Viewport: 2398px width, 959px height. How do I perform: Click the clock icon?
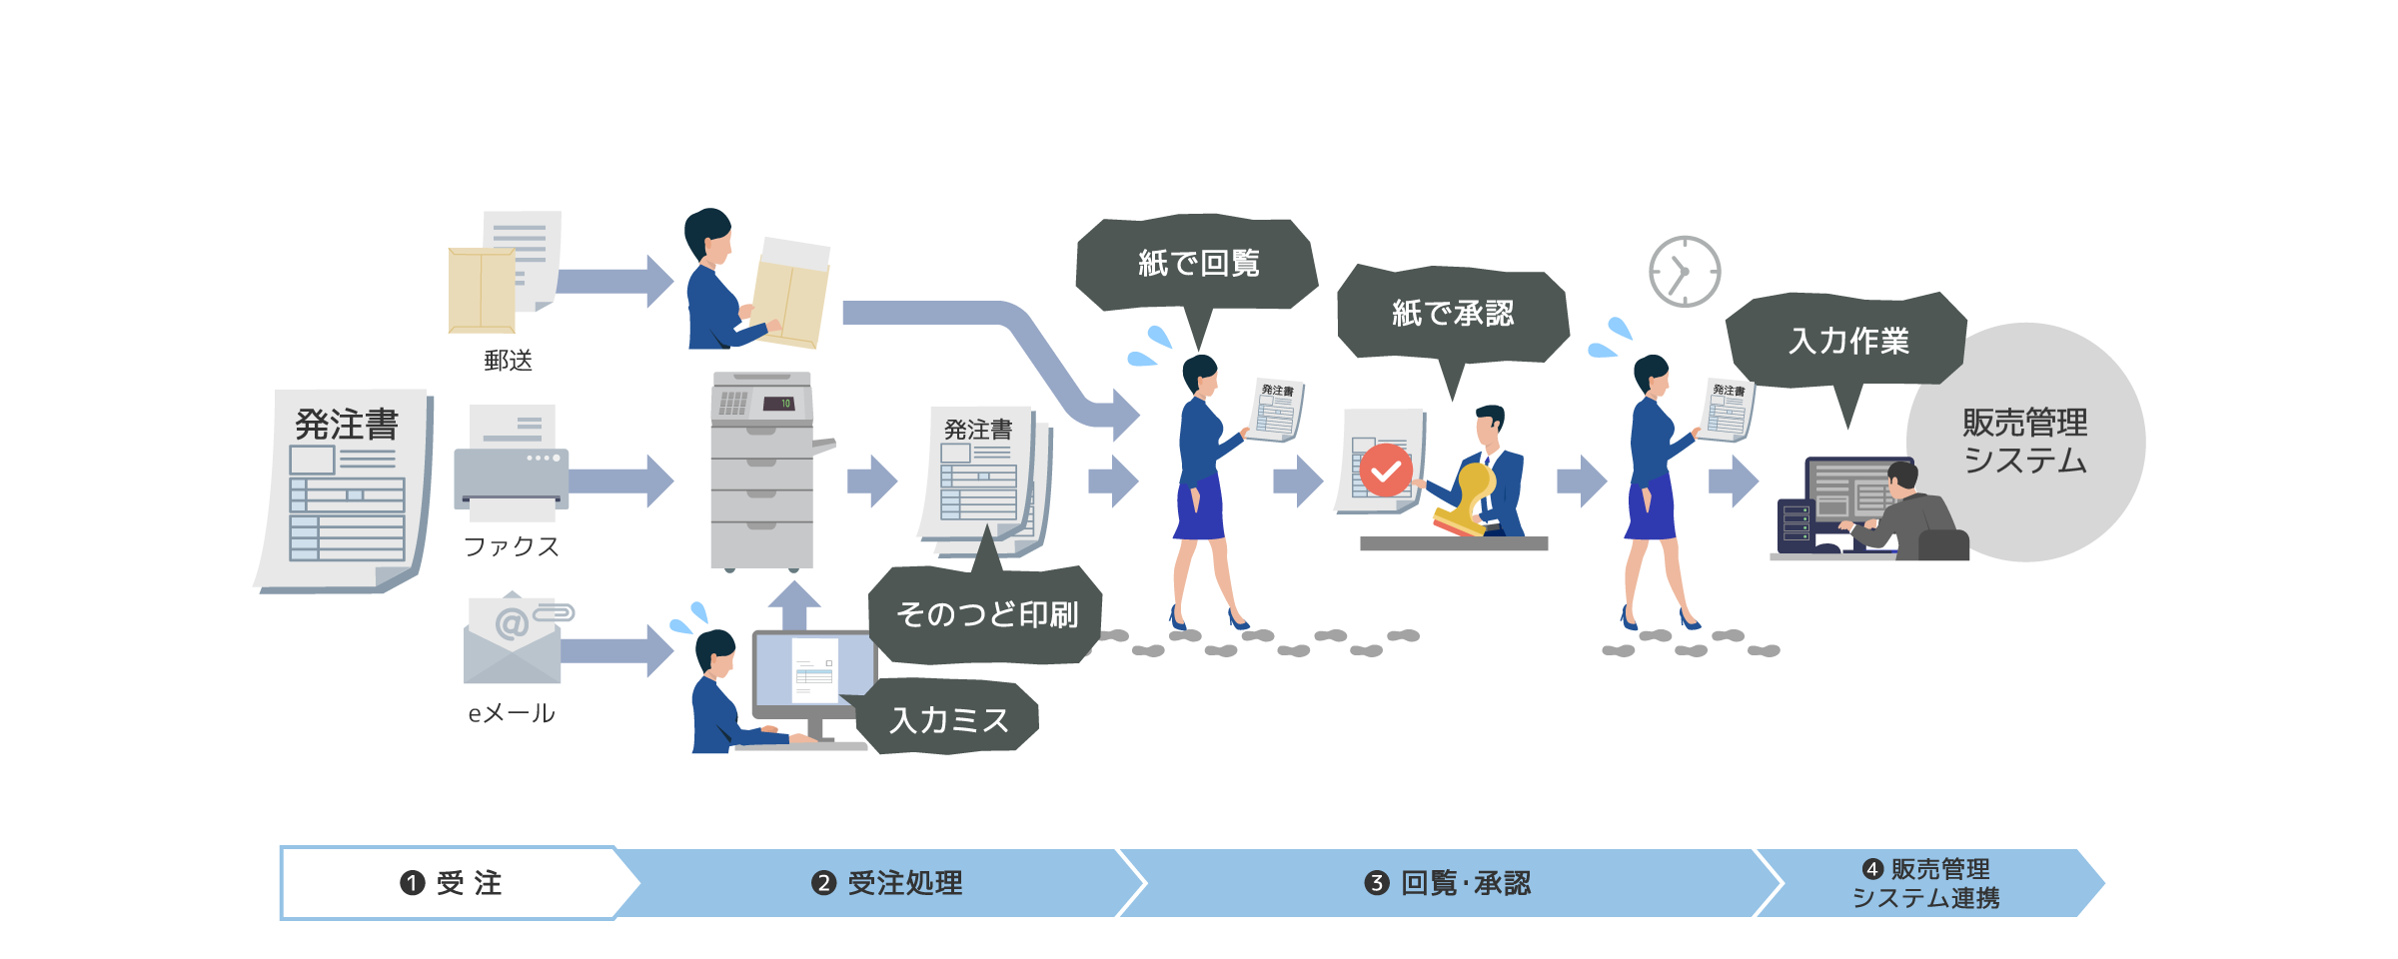tap(1684, 272)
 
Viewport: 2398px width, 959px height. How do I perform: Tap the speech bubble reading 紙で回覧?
tap(1197, 263)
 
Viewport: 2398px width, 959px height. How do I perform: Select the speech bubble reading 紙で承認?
tap(1453, 313)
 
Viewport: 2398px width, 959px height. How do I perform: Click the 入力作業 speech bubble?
tap(1847, 340)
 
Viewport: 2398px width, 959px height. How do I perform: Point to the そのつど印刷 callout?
tap(987, 613)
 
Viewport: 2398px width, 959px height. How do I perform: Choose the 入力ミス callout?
tap(949, 719)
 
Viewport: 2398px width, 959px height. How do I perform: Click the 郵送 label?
tap(508, 361)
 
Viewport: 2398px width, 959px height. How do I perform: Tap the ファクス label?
tap(511, 546)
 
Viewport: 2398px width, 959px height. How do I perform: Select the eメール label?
tap(511, 713)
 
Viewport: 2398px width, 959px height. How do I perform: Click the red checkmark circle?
tap(1386, 471)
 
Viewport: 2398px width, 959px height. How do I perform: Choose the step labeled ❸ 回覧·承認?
tap(1447, 883)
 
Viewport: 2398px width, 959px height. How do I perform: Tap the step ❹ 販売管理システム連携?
tap(1926, 883)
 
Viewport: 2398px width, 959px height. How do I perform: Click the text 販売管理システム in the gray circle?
tap(2024, 441)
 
